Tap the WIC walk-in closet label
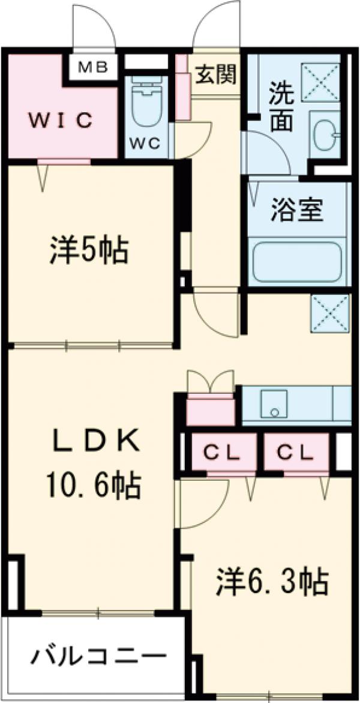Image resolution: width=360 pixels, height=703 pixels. pos(62,121)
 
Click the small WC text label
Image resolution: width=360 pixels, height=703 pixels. pos(146,144)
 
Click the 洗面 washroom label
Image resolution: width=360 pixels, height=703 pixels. pos(281,108)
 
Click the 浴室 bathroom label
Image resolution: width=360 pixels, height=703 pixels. pos(297,211)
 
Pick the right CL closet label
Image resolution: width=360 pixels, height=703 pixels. pos(296,453)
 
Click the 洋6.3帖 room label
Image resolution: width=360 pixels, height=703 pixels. pos(272,581)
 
